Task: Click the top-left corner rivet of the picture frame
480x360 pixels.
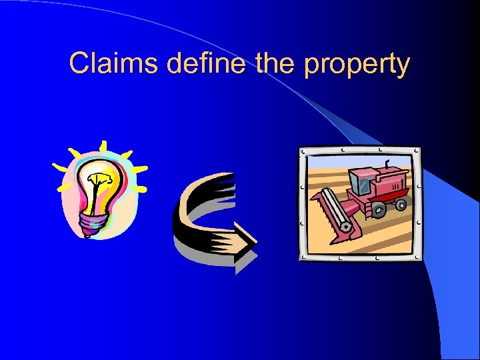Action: pyautogui.click(x=304, y=151)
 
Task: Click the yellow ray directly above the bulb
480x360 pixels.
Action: pyautogui.click(x=103, y=146)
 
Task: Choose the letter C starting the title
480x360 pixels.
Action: pyautogui.click(x=79, y=64)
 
